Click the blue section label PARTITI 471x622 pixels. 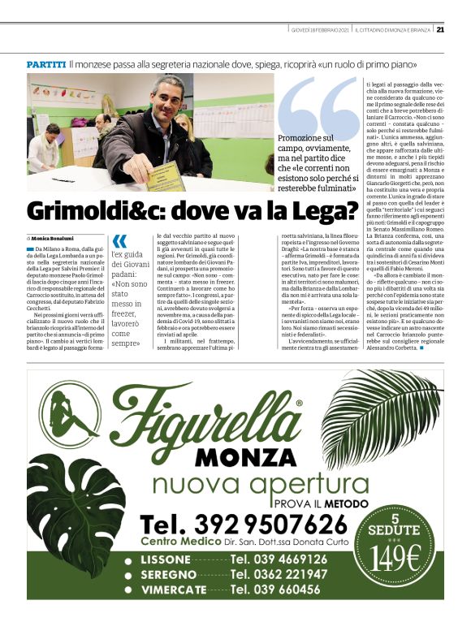pyautogui.click(x=46, y=63)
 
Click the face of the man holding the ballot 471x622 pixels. pyautogui.click(x=165, y=101)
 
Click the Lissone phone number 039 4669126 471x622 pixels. pyautogui.click(x=279, y=559)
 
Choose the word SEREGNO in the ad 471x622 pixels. pyautogui.click(x=173, y=574)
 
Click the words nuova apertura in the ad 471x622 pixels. pyautogui.click(x=235, y=486)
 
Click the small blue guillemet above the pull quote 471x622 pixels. pyautogui.click(x=119, y=240)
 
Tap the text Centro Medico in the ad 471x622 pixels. pyautogui.click(x=180, y=542)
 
